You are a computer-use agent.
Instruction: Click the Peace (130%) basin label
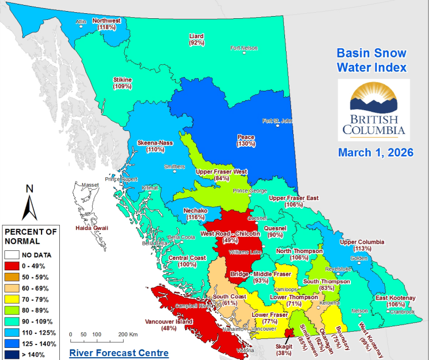[x=246, y=140]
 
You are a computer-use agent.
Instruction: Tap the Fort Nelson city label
[x=244, y=48]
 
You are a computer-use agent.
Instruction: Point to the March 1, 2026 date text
[x=375, y=152]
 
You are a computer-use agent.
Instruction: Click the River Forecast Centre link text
[x=119, y=352]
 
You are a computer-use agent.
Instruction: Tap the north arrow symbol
[x=29, y=203]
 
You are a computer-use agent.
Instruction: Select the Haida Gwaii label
[x=92, y=228]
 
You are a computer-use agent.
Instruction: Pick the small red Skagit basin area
[x=288, y=332]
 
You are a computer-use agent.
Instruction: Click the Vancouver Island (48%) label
[x=169, y=325]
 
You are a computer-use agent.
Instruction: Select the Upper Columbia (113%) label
[x=362, y=245]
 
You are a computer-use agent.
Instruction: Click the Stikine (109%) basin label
[x=122, y=83]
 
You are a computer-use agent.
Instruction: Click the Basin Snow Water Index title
[x=371, y=60]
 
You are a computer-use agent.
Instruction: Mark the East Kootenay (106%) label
[x=395, y=301]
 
